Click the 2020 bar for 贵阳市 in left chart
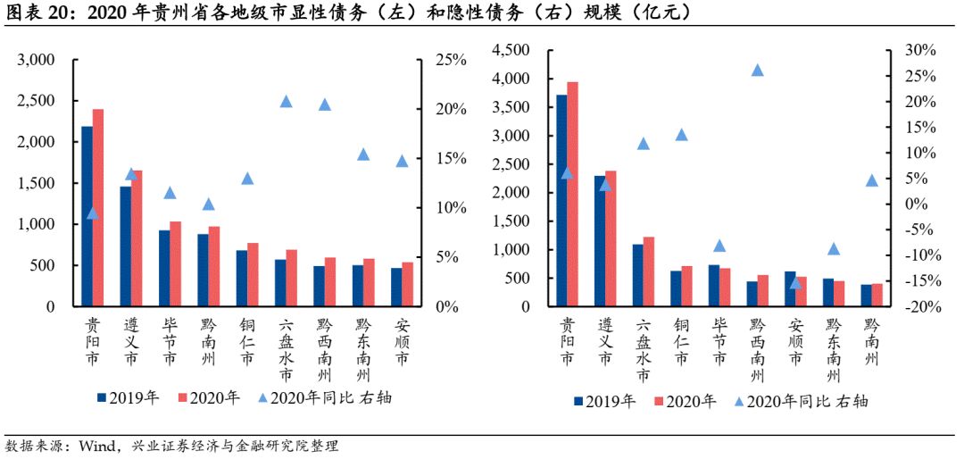(98, 207)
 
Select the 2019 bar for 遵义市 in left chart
(125, 246)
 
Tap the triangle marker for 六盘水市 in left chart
(286, 101)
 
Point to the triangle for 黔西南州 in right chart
(757, 70)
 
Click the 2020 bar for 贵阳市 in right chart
(572, 194)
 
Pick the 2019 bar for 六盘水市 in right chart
(637, 275)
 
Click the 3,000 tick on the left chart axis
(37, 60)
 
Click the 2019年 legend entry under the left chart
(128, 397)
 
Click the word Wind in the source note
(96, 445)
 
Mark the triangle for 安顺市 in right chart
(795, 282)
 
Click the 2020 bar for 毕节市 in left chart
(176, 263)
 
